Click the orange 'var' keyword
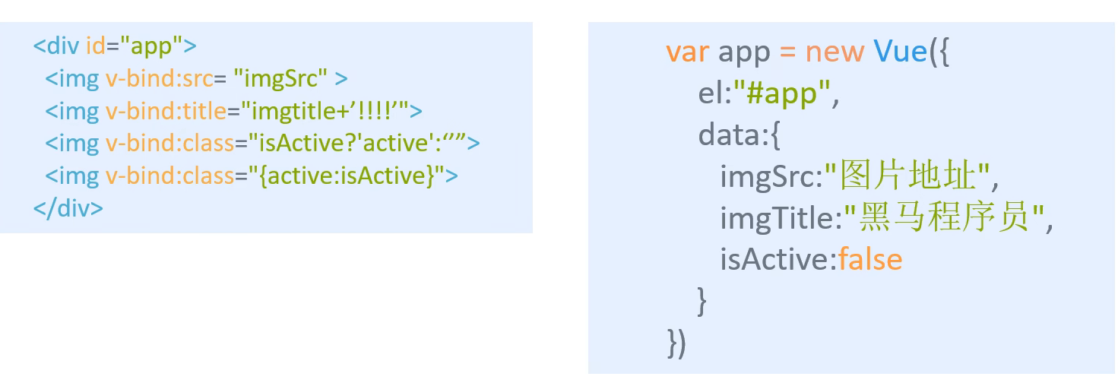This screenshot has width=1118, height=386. coord(687,52)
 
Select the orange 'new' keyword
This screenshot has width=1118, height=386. coord(835,52)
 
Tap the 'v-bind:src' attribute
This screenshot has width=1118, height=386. coord(158,78)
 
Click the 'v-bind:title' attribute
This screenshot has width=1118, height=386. coord(166,111)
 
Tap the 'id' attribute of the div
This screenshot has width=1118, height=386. coord(95,46)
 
